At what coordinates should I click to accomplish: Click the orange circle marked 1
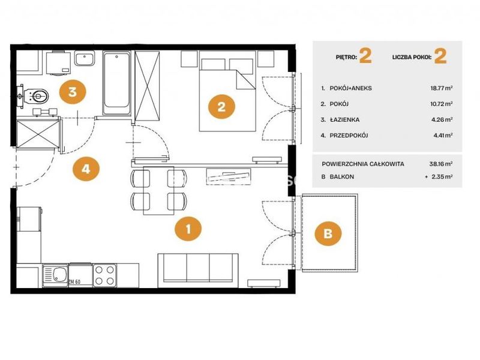[x=188, y=229]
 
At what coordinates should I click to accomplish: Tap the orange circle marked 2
[x=221, y=107]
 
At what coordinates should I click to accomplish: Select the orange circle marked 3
[x=73, y=92]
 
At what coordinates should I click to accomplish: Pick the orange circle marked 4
[x=86, y=169]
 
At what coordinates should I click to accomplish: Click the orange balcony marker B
[x=328, y=233]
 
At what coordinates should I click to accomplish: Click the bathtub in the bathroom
[x=116, y=83]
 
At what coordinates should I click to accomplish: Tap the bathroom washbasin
[x=85, y=58]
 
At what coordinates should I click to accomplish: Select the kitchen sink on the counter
[x=55, y=275]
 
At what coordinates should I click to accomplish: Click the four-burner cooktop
[x=104, y=275]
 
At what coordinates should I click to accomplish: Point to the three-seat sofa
[x=198, y=271]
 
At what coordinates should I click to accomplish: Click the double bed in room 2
[x=227, y=91]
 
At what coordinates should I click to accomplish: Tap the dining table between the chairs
[x=158, y=190]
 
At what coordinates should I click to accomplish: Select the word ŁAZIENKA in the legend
[x=344, y=119]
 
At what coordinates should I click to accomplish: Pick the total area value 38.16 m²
[x=441, y=164]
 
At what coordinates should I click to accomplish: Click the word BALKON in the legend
[x=341, y=176]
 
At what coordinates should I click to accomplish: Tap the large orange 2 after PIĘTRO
[x=365, y=56]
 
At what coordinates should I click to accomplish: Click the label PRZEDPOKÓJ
[x=349, y=136]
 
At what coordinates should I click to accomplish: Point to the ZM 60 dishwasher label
[x=74, y=281]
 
